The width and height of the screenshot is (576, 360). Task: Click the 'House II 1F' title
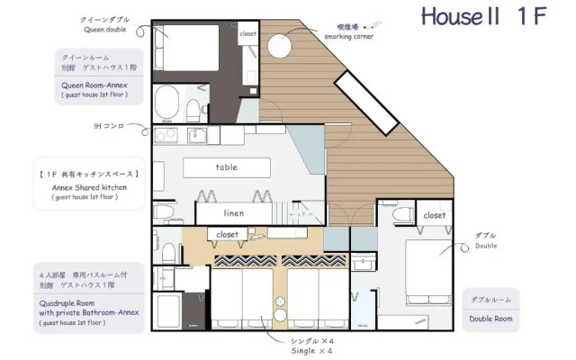coord(482,17)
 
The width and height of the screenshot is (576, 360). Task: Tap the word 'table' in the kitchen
coord(227,167)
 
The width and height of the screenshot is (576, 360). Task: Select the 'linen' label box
coord(235,213)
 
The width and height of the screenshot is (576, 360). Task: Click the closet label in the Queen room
coord(247,34)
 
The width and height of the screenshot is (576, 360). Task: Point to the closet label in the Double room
coord(434,215)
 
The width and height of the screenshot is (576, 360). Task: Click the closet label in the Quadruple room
coord(228,234)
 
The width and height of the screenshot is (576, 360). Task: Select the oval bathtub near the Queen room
coord(166,103)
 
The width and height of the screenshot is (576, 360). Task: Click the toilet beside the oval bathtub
coord(193,108)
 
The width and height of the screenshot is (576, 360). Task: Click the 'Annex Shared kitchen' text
coord(88,185)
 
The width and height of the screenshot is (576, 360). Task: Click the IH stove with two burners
coord(167,136)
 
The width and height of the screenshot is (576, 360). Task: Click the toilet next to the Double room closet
coord(402,215)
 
